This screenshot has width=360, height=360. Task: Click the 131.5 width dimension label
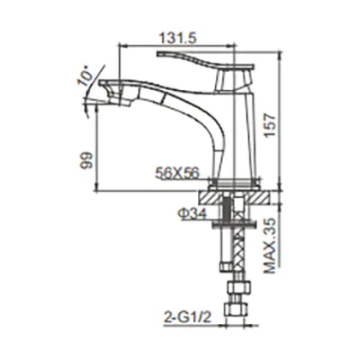pyautogui.click(x=178, y=39)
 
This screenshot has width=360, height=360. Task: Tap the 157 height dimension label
pyautogui.click(x=270, y=126)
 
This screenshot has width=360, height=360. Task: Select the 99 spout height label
pyautogui.click(x=87, y=160)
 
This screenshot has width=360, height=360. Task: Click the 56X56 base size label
pyautogui.click(x=177, y=173)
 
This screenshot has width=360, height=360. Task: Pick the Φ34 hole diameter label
pyautogui.click(x=191, y=214)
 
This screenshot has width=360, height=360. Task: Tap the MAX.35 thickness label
pyautogui.click(x=270, y=246)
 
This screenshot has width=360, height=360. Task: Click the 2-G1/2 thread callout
pyautogui.click(x=188, y=317)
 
